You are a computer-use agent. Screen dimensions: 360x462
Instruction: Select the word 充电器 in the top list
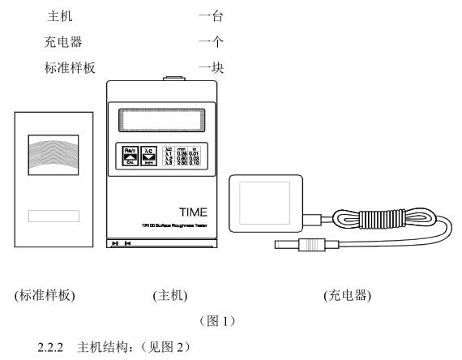click(65, 40)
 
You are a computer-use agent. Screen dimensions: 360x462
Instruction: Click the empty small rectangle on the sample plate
click(53, 216)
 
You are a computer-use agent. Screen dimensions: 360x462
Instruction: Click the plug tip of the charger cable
click(284, 244)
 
